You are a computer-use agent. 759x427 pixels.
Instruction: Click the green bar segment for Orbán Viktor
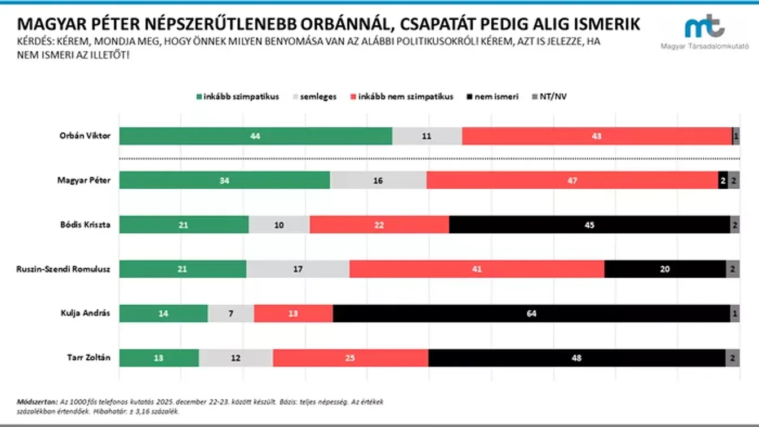(x=255, y=136)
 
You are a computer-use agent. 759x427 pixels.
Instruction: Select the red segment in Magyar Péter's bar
(x=572, y=180)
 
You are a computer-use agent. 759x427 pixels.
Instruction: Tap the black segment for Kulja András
(x=531, y=313)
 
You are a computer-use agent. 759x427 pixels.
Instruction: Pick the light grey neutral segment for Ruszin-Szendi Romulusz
(x=298, y=269)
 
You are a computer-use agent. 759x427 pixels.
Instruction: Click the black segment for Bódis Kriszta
(x=589, y=225)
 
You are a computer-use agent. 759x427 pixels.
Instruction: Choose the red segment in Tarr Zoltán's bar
(x=350, y=358)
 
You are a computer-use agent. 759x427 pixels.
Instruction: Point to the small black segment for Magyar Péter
(x=723, y=180)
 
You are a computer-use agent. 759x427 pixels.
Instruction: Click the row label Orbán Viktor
(x=85, y=136)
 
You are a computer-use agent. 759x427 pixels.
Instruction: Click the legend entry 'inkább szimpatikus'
(x=237, y=96)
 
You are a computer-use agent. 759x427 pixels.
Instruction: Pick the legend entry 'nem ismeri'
(x=492, y=96)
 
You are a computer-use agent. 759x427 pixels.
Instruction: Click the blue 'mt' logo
(x=704, y=27)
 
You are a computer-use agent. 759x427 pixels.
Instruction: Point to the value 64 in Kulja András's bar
(x=531, y=313)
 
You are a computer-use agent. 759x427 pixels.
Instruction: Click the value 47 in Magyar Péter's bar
(x=572, y=180)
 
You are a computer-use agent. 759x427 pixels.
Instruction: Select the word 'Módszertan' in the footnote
(x=37, y=402)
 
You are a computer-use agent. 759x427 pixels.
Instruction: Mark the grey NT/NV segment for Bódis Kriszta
(x=735, y=225)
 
